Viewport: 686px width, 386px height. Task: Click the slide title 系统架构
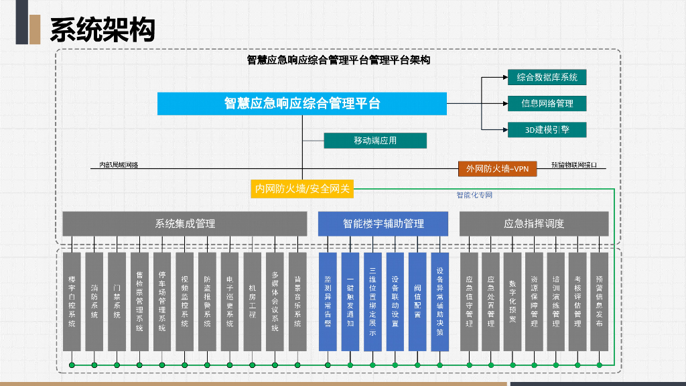(102, 29)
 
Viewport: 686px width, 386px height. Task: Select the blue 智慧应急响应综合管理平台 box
(301, 103)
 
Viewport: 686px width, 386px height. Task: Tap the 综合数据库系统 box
(547, 78)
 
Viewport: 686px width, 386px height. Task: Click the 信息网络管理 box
(547, 103)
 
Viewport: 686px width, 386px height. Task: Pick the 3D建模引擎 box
(547, 129)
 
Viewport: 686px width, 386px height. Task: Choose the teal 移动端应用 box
(375, 141)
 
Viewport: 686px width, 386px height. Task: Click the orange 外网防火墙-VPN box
(497, 169)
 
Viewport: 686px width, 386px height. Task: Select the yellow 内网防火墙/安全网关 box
(302, 189)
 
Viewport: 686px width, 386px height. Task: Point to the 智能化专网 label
(474, 195)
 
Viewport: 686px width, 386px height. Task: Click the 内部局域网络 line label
(119, 165)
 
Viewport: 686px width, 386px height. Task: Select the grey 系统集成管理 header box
(185, 224)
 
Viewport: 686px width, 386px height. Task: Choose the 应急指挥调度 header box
(534, 224)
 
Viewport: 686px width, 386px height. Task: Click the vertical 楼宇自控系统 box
(72, 301)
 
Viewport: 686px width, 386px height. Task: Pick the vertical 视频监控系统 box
(185, 301)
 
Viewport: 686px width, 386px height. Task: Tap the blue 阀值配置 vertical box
(417, 301)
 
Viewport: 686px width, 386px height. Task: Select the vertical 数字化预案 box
(512, 301)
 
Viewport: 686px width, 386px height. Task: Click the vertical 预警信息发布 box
(599, 301)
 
